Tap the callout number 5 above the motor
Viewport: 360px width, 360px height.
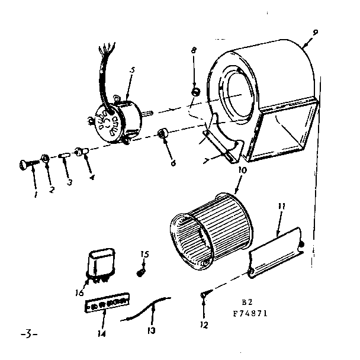pos(131,69)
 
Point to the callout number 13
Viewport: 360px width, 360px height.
pos(151,330)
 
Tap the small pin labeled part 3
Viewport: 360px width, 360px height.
pos(64,156)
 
